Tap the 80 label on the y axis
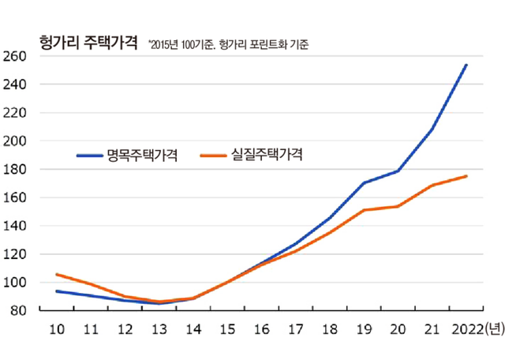click(18, 311)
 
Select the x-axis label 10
click(56, 330)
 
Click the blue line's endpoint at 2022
click(466, 65)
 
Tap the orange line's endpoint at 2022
click(466, 176)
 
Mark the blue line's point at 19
click(362, 183)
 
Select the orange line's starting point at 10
click(56, 274)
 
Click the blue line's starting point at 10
click(56, 291)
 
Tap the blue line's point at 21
click(432, 129)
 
